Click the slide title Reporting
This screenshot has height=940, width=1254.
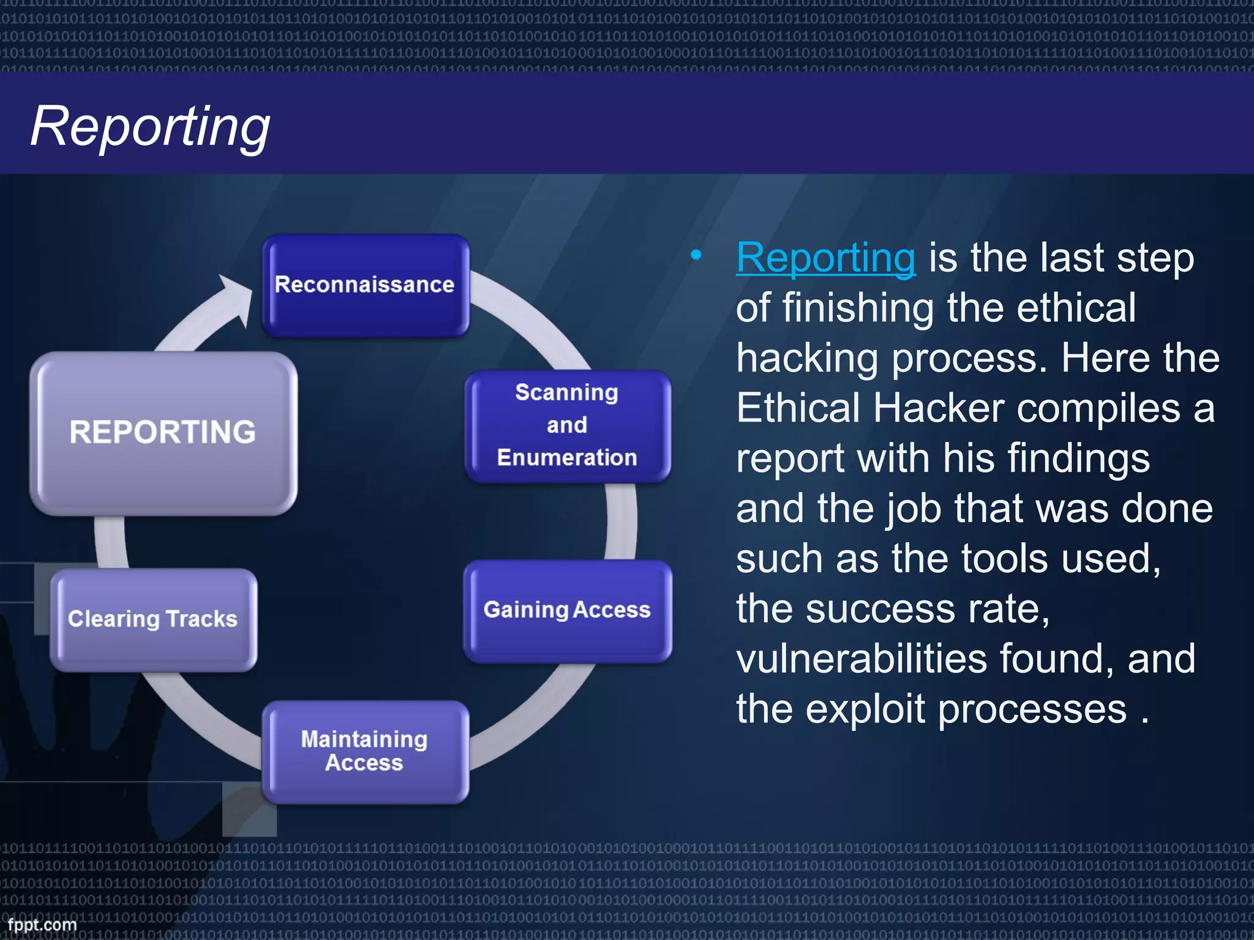pos(150,127)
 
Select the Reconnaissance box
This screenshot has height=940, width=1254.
pos(366,285)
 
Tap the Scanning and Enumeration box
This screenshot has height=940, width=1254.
pos(567,426)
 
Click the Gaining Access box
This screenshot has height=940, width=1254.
pos(567,610)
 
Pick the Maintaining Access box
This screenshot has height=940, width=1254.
pos(365,751)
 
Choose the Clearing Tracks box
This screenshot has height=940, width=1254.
pos(153,619)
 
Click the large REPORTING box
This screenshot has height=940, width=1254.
pos(163,432)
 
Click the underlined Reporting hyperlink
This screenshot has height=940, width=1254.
pos(825,258)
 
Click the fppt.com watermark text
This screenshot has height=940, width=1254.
pos(42,925)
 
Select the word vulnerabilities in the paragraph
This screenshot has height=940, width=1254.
pos(861,659)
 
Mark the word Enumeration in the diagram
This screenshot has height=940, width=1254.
pos(567,458)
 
